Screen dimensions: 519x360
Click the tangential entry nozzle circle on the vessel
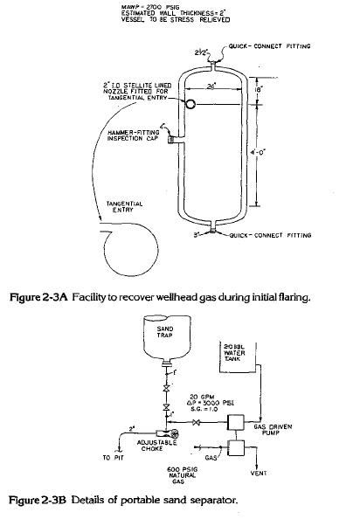(191, 103)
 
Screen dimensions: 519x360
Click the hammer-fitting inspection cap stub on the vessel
(176, 137)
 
